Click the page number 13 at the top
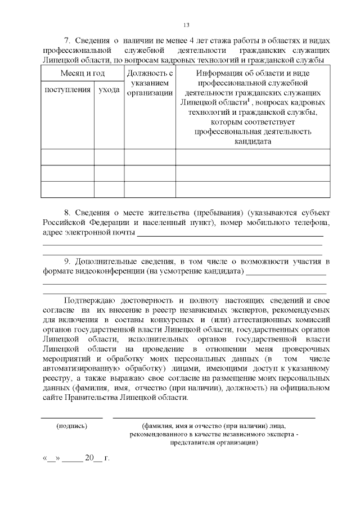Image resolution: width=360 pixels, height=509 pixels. pyautogui.click(x=186, y=24)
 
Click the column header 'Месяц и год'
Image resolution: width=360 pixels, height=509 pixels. pyautogui.click(x=83, y=74)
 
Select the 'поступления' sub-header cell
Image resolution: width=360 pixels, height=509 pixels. pyautogui.click(x=67, y=90)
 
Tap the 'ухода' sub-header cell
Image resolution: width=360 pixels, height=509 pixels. pyautogui.click(x=109, y=90)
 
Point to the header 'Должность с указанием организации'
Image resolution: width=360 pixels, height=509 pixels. pyautogui.click(x=150, y=83)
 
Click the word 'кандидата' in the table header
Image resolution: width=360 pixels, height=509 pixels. pyautogui.click(x=253, y=141)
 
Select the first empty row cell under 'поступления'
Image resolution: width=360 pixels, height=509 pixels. pyautogui.click(x=67, y=156)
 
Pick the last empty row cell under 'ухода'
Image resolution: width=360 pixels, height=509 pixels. pyautogui.click(x=109, y=190)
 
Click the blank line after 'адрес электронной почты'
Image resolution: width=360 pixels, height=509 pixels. pyautogui.click(x=230, y=236)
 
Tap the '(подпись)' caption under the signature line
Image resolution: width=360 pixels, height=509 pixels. pyautogui.click(x=71, y=426)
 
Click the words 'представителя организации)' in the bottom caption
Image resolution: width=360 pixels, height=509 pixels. pyautogui.click(x=214, y=443)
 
